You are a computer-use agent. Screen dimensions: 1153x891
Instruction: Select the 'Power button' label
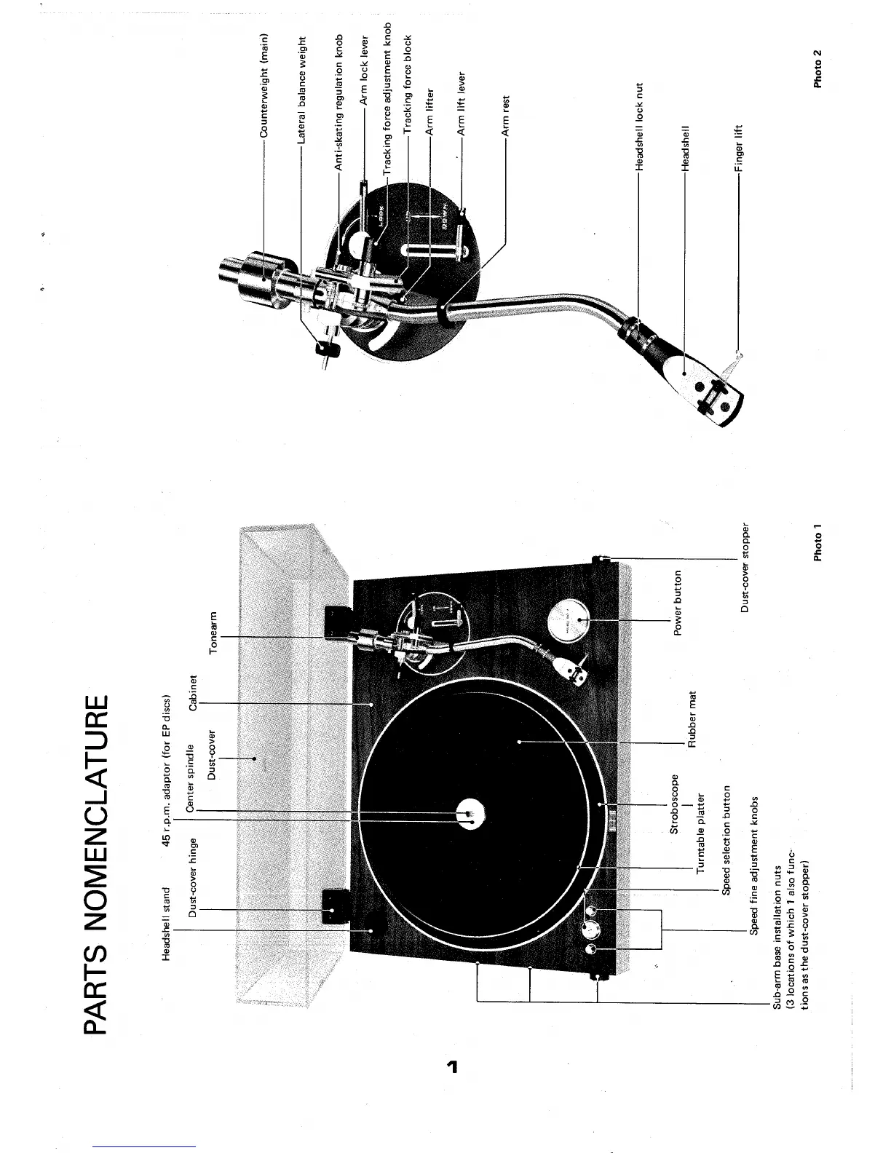pyautogui.click(x=678, y=603)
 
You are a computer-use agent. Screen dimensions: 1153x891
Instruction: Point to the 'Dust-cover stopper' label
pyautogui.click(x=745, y=568)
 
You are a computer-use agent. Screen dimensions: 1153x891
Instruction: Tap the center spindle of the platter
pyautogui.click(x=471, y=816)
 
